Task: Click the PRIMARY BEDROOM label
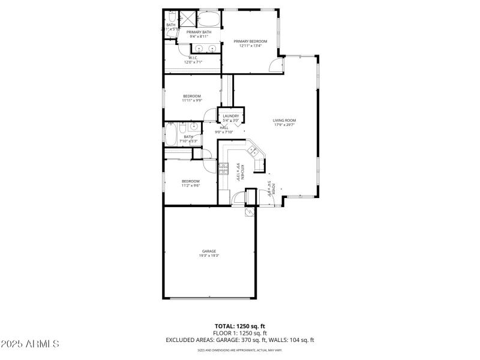coord(250,41)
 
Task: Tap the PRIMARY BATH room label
coord(199,32)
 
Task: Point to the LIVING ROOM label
coord(284,120)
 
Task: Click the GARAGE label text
coord(209,251)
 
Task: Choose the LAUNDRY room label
coord(231,116)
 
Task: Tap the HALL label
coord(224,127)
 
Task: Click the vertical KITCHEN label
coord(238,171)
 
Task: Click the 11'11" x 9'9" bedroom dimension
coord(192,100)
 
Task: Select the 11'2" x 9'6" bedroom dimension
coord(191,185)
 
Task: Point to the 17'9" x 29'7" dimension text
coord(284,125)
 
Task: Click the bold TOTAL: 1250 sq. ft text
coord(240,326)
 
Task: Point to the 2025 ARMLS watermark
coord(30,344)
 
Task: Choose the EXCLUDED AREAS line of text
coord(240,340)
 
